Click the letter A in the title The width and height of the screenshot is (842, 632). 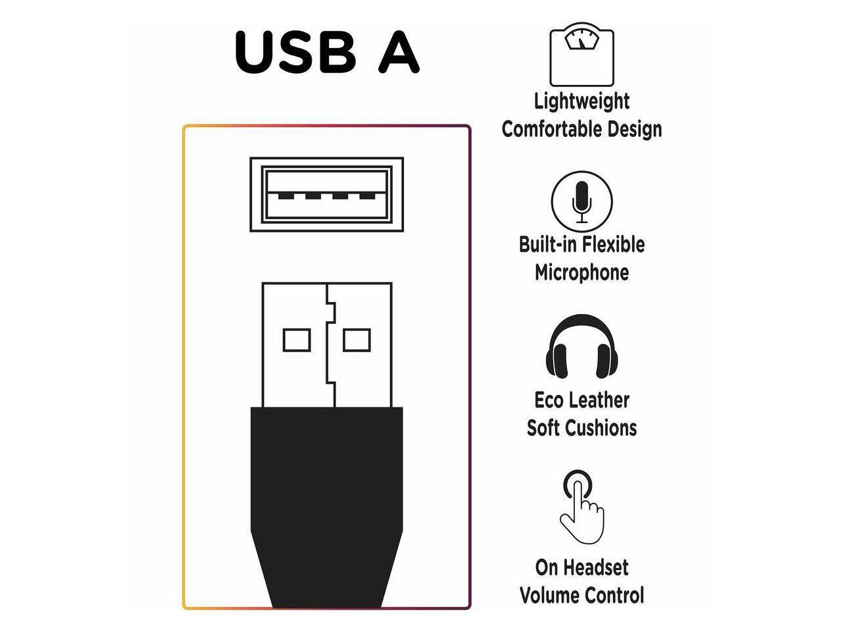(x=398, y=52)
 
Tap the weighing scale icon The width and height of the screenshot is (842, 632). (x=581, y=55)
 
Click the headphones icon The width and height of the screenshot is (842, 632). (x=581, y=348)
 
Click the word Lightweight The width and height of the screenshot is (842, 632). (x=582, y=101)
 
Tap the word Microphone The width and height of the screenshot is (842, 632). (x=582, y=273)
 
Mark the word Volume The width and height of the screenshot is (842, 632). (x=547, y=595)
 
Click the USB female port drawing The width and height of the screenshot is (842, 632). (x=326, y=194)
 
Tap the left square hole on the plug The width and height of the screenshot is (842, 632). (x=296, y=340)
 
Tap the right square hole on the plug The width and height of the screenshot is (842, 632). (x=357, y=340)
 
